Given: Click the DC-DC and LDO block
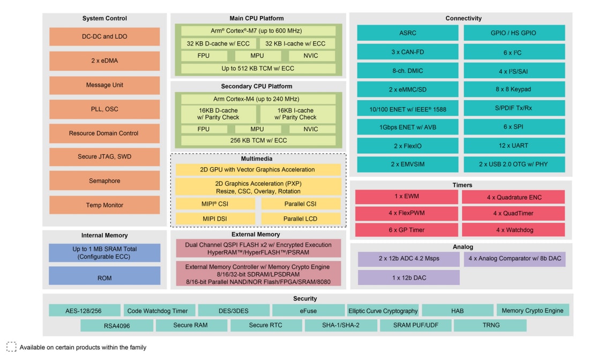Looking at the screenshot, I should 105,36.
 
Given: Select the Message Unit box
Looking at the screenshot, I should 105,85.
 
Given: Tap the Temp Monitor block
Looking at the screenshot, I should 105,205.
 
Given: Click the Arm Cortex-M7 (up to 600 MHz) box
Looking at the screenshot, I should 258,31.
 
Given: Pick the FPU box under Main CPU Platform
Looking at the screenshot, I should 204,56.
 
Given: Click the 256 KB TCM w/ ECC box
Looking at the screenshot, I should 258,141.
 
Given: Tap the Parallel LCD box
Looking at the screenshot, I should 301,219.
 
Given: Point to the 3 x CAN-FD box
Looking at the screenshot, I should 407,52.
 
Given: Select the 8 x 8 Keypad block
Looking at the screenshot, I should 513,89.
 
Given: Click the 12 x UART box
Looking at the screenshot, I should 513,146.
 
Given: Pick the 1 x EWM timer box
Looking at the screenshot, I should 406,197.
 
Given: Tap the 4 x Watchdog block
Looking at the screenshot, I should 513,230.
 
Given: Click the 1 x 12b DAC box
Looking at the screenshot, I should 408,277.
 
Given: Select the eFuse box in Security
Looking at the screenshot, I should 308,311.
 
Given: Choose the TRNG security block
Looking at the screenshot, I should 490,325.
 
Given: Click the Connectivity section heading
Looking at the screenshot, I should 463,18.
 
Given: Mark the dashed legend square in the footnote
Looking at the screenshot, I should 11,347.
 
